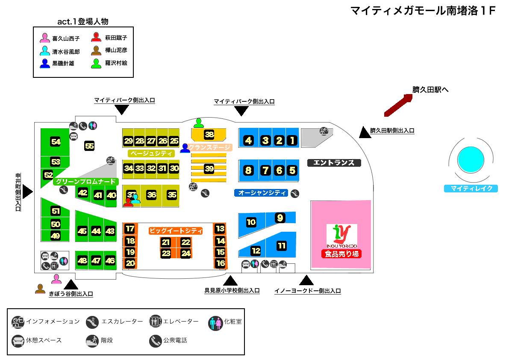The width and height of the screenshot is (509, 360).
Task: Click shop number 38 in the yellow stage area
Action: [x=209, y=135]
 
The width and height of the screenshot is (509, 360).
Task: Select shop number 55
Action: [x=89, y=146]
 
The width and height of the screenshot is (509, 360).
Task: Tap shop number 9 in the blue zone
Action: [x=280, y=218]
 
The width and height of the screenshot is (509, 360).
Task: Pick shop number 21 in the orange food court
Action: [x=166, y=242]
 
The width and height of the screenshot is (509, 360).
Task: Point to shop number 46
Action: [x=110, y=260]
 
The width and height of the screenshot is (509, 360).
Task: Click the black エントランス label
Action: [x=334, y=162]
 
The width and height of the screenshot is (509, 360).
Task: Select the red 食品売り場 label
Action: [x=342, y=254]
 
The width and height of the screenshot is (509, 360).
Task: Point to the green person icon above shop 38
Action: [x=198, y=123]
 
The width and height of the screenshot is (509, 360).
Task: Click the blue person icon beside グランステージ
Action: [x=185, y=148]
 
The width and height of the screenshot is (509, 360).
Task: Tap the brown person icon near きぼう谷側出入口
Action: [x=40, y=289]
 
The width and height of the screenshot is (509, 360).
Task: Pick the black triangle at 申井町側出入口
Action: [x=28, y=192]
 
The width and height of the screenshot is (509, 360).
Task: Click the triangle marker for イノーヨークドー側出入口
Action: [x=306, y=280]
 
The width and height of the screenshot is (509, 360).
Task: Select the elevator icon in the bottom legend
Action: [x=155, y=322]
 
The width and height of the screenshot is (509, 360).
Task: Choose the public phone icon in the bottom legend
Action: [x=155, y=341]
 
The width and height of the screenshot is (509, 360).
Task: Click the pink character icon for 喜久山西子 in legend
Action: [x=44, y=38]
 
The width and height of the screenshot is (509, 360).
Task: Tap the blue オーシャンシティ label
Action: [x=262, y=193]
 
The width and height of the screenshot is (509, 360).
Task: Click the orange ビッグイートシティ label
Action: [x=175, y=230]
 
